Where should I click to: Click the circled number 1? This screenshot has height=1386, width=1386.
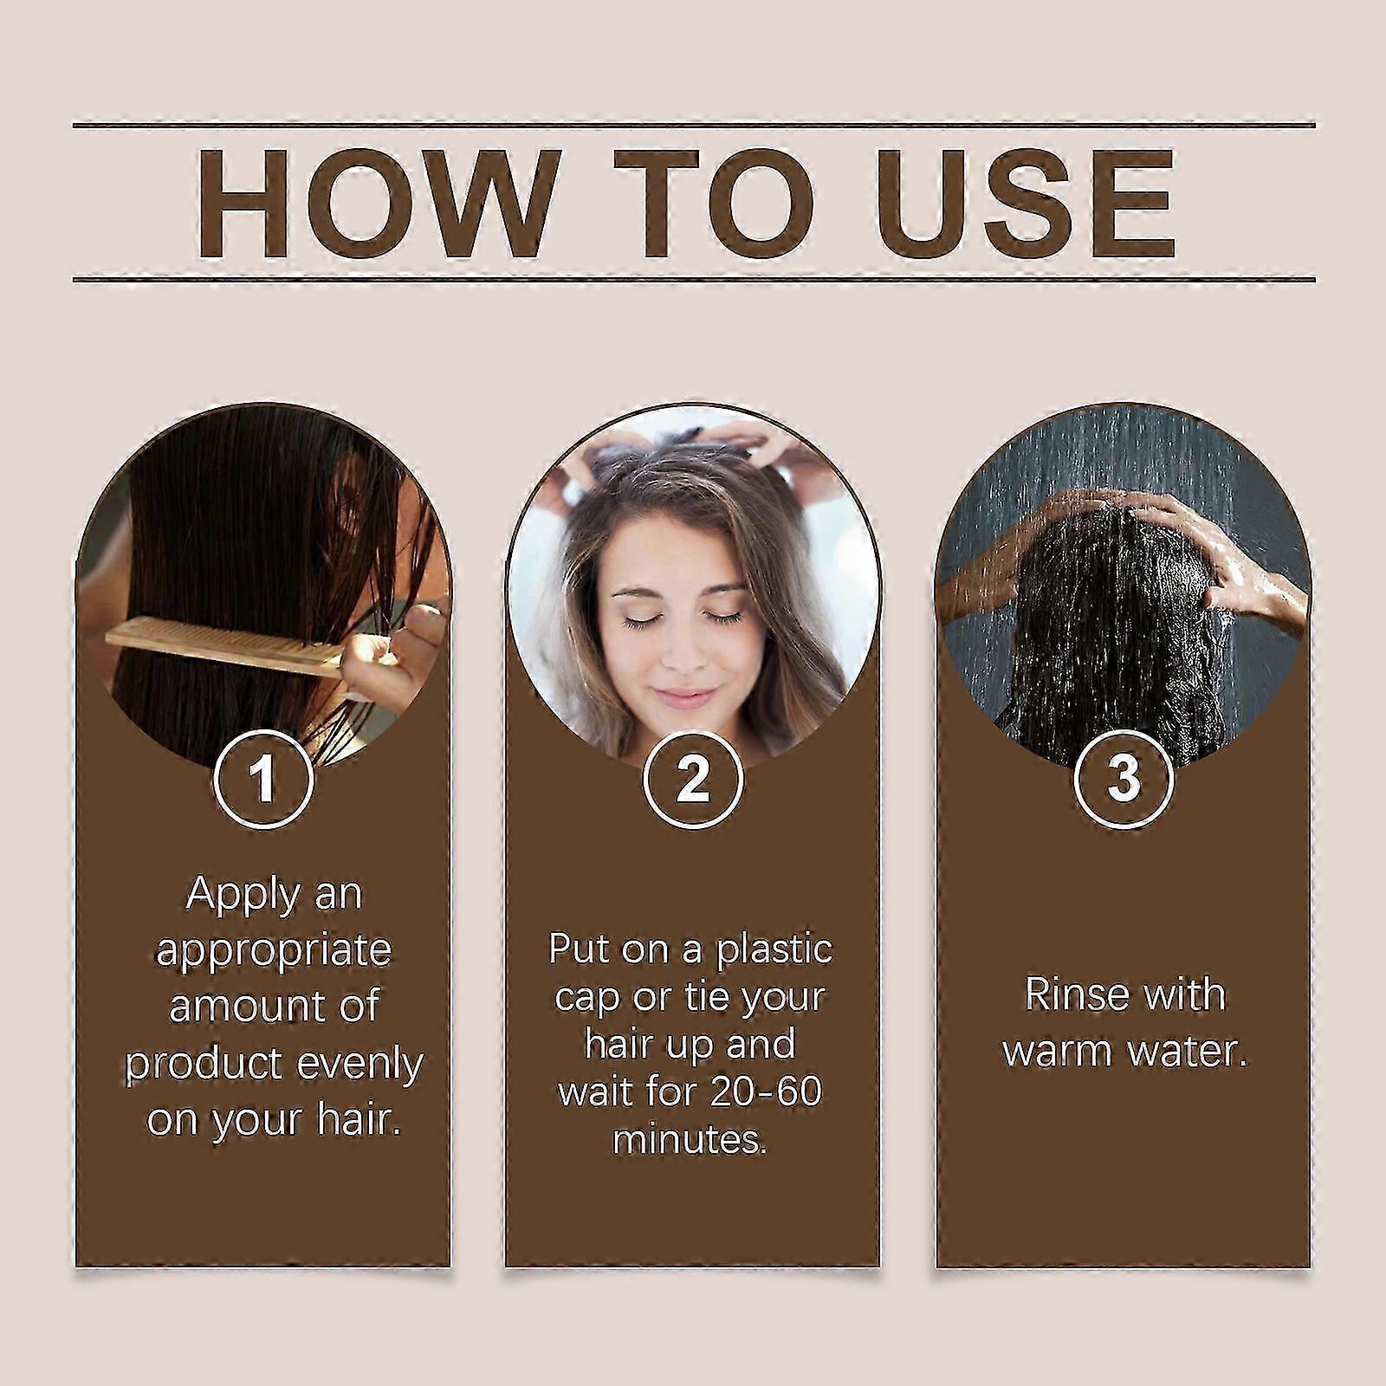(x=263, y=779)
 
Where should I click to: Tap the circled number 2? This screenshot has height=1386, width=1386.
(x=693, y=779)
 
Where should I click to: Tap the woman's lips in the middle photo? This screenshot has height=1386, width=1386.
(x=685, y=697)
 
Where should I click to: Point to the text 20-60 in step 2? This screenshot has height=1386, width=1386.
(x=766, y=1091)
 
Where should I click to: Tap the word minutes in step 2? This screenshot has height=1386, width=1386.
(x=690, y=1139)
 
